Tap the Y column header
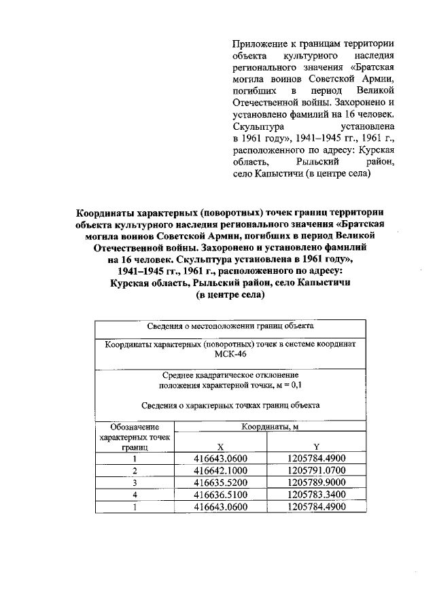[316, 447]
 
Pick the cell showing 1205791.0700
[316, 470]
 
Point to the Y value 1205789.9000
[316, 482]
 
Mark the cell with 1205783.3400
[316, 495]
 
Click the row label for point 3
[135, 482]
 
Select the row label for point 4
[135, 495]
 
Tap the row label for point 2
[135, 470]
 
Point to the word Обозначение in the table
[135, 427]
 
